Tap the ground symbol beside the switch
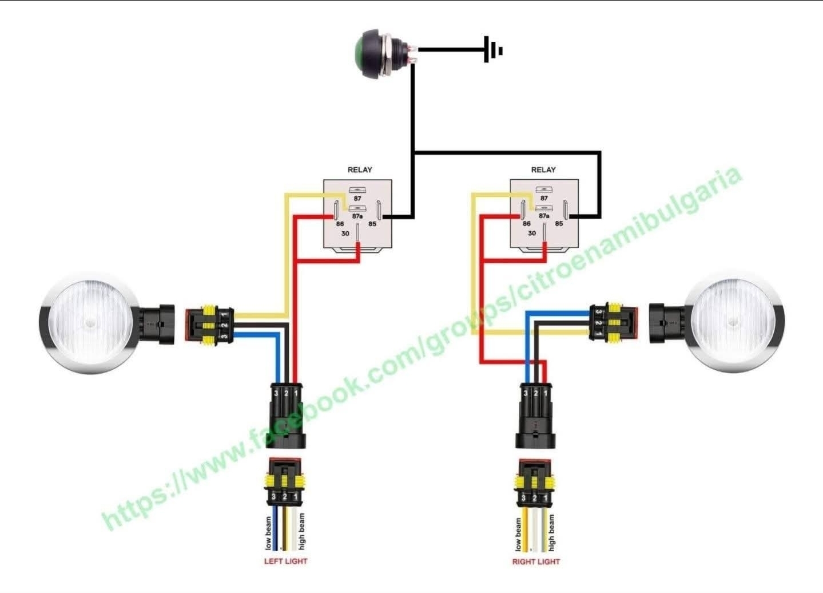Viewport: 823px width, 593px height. click(x=492, y=50)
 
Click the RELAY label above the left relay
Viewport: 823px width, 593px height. click(x=360, y=170)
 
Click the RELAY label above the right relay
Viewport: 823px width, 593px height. click(x=543, y=170)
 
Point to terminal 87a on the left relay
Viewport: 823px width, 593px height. click(x=357, y=216)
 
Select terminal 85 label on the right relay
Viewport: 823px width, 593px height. click(x=559, y=224)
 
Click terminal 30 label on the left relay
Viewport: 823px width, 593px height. click(x=345, y=234)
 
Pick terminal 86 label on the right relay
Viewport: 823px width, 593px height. click(x=526, y=224)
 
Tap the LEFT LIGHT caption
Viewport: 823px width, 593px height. click(x=285, y=562)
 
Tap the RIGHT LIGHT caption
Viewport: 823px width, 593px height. click(x=536, y=562)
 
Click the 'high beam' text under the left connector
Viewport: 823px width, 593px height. click(x=301, y=531)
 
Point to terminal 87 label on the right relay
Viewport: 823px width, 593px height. click(x=544, y=198)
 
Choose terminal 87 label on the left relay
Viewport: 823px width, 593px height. click(x=357, y=198)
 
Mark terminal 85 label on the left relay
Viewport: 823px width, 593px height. click(x=372, y=224)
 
